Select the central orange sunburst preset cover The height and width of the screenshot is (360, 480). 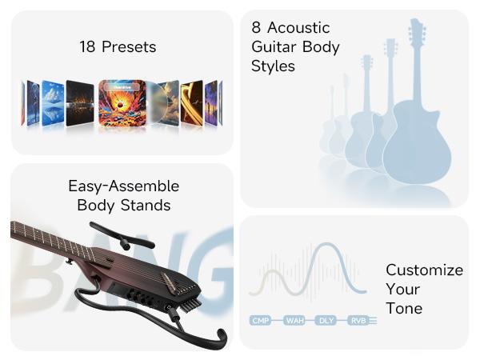(x=122, y=103)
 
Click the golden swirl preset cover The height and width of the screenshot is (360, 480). (x=192, y=103)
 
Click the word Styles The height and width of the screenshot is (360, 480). (x=273, y=66)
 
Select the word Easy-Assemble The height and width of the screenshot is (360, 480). (x=123, y=186)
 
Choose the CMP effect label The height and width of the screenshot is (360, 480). (x=261, y=321)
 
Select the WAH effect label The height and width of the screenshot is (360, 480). (x=295, y=321)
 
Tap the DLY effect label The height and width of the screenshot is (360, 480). (x=326, y=321)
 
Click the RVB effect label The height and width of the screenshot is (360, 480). (x=357, y=321)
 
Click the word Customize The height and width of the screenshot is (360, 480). (x=424, y=270)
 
